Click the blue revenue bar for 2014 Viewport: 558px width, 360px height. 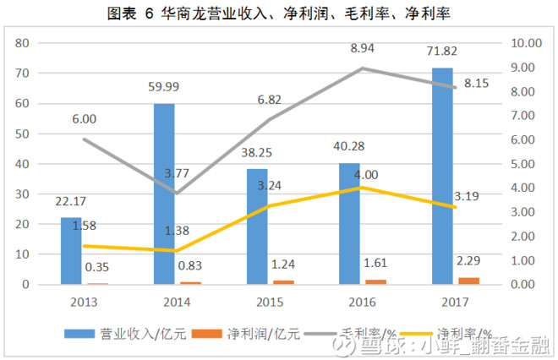[x=164, y=194]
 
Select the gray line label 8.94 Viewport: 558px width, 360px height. [x=362, y=49]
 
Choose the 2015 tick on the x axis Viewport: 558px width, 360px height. [x=269, y=300]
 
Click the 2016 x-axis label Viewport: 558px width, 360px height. [x=362, y=300]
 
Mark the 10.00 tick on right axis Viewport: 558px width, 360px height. [x=529, y=43]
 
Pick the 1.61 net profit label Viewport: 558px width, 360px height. [x=374, y=264]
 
